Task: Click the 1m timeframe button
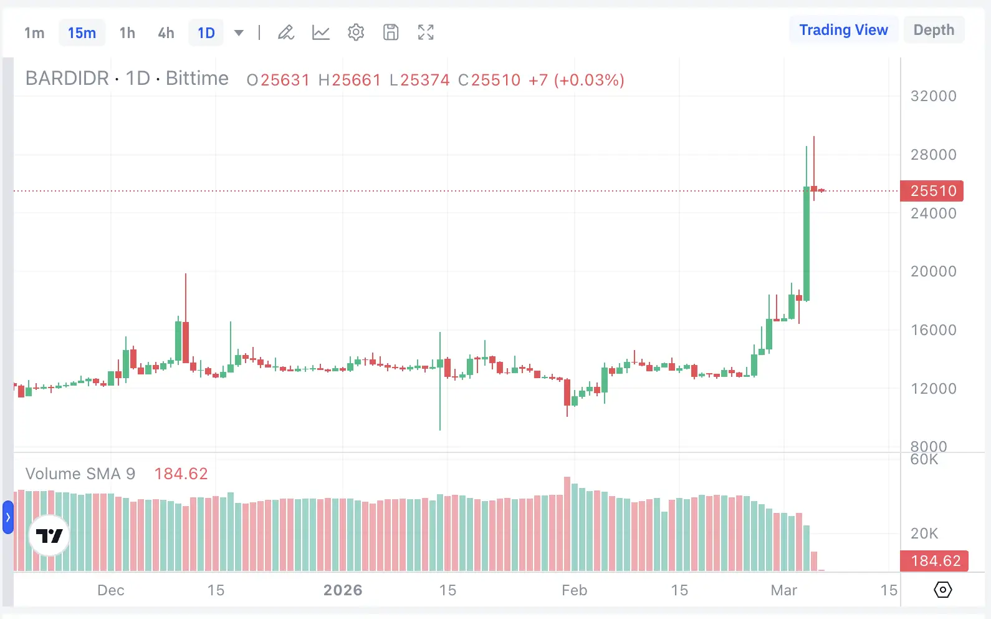34,33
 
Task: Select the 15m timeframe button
82,33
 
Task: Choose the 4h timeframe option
166,33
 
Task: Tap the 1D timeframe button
206,33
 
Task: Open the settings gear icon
356,32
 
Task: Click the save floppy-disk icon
391,32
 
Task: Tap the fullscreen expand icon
426,32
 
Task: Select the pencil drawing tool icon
286,32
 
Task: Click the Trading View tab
843,30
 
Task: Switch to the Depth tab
934,30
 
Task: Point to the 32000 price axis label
933,96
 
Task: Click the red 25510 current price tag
932,191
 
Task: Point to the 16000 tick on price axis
933,330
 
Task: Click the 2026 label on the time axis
343,590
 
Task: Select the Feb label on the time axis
574,590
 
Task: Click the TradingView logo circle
49,535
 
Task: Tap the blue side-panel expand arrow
8,517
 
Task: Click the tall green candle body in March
807,243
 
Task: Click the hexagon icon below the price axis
943,590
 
